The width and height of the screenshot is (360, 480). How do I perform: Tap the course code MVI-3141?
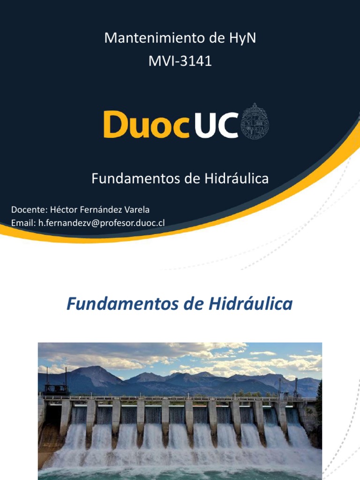click(x=180, y=61)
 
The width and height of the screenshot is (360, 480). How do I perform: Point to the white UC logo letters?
click(x=216, y=124)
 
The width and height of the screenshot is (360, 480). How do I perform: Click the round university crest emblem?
click(x=255, y=121)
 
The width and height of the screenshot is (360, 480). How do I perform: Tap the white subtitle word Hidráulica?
click(x=236, y=179)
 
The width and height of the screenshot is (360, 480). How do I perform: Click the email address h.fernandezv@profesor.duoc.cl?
click(x=101, y=223)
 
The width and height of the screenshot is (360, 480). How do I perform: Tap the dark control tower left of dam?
click(x=56, y=386)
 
